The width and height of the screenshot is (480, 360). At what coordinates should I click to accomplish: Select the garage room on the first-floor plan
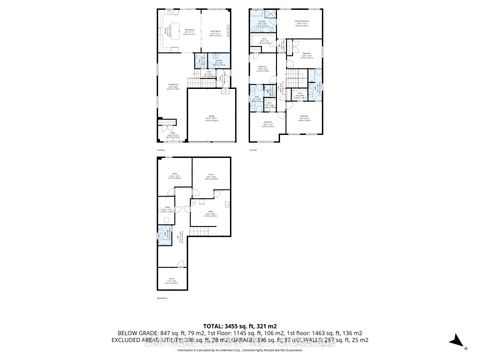(x=212, y=120)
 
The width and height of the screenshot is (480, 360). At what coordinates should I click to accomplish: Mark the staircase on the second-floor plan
(x=296, y=80)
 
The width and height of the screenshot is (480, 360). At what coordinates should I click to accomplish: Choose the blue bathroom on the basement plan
(x=166, y=238)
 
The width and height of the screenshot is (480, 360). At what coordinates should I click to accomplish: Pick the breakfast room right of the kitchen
(x=213, y=34)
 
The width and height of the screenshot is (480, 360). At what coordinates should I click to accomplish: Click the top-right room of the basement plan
(x=211, y=178)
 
